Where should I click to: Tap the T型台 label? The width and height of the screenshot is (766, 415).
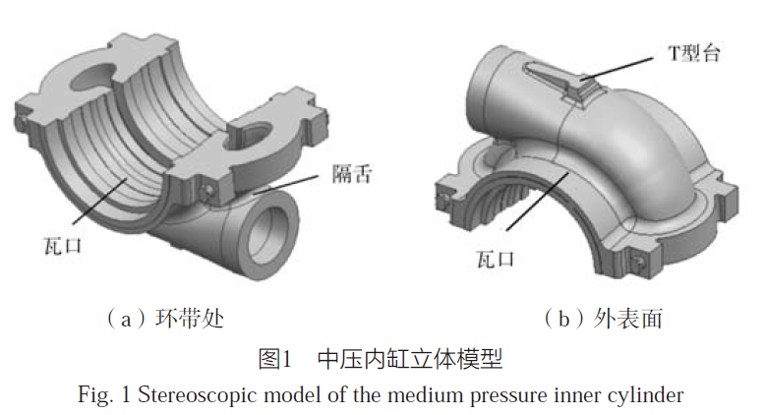(694, 53)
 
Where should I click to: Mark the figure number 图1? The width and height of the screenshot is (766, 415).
(272, 359)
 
